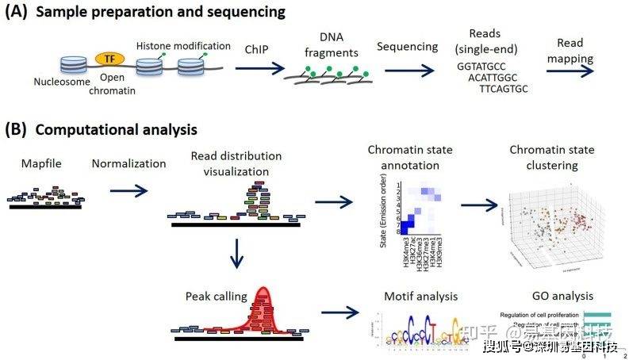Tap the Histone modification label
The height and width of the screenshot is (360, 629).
click(183, 47)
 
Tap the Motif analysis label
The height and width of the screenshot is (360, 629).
click(420, 297)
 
